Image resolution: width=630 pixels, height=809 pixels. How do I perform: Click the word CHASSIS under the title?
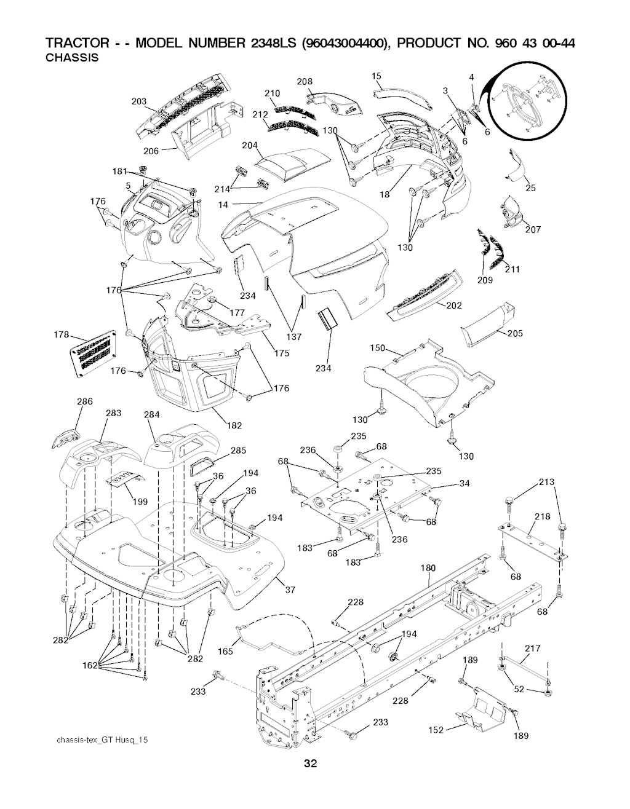click(72, 58)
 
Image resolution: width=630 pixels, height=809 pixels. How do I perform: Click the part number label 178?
click(62, 334)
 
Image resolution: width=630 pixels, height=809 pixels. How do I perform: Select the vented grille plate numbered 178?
click(94, 353)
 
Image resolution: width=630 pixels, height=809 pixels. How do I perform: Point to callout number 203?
click(139, 101)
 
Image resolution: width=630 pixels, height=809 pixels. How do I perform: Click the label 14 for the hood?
click(223, 205)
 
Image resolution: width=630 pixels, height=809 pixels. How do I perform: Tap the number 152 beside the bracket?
click(436, 730)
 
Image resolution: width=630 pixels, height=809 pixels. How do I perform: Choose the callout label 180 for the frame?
click(428, 578)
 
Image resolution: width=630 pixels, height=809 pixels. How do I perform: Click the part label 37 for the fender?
click(290, 590)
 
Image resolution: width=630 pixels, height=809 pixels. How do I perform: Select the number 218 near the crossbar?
click(543, 516)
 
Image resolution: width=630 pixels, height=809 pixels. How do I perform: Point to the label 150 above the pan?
click(377, 348)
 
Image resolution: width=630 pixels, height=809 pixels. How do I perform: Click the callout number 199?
click(140, 502)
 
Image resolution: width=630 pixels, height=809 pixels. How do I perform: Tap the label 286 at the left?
click(85, 401)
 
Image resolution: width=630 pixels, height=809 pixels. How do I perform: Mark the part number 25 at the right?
click(530, 188)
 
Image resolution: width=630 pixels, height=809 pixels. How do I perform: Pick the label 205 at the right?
click(515, 333)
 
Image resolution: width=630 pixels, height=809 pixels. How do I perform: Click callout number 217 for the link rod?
click(533, 648)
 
